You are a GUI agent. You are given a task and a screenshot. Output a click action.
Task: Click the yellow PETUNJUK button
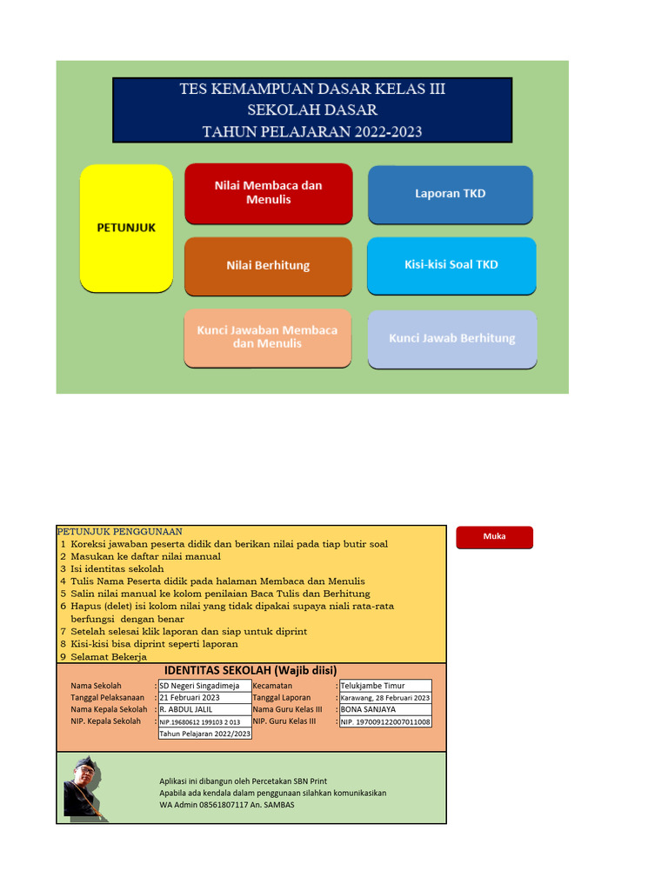pyautogui.click(x=126, y=228)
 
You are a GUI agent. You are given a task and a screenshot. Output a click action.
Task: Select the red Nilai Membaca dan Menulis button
pyautogui.click(x=268, y=193)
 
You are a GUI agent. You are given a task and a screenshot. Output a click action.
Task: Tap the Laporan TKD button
pyautogui.click(x=450, y=194)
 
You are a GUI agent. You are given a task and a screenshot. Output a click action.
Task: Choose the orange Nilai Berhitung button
pyautogui.click(x=268, y=265)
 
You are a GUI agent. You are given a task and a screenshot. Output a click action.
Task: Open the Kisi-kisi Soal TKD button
pyautogui.click(x=451, y=264)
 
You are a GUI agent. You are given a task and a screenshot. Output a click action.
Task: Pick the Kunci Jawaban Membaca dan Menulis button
pyautogui.click(x=268, y=337)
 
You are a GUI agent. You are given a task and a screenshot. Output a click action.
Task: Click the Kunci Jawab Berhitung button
pyautogui.click(x=451, y=338)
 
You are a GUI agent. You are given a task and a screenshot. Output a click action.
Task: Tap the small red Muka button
pyautogui.click(x=494, y=537)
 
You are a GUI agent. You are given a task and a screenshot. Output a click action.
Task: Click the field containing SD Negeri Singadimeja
pyautogui.click(x=204, y=686)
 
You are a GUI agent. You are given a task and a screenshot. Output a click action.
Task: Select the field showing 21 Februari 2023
pyautogui.click(x=204, y=697)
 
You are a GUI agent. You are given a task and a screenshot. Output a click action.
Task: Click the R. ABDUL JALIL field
pyautogui.click(x=204, y=709)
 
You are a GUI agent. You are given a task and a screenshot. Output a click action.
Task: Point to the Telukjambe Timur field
pyautogui.click(x=384, y=686)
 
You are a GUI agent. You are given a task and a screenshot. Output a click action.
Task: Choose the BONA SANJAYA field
pyautogui.click(x=384, y=709)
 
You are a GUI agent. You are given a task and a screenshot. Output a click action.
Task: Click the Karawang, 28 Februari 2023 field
pyautogui.click(x=384, y=698)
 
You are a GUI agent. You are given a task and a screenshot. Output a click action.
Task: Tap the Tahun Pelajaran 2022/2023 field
pyautogui.click(x=204, y=734)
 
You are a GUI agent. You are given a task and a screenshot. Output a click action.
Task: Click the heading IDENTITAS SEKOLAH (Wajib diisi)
pyautogui.click(x=250, y=670)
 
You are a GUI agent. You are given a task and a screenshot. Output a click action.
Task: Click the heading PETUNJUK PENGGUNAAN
pyautogui.click(x=119, y=531)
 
